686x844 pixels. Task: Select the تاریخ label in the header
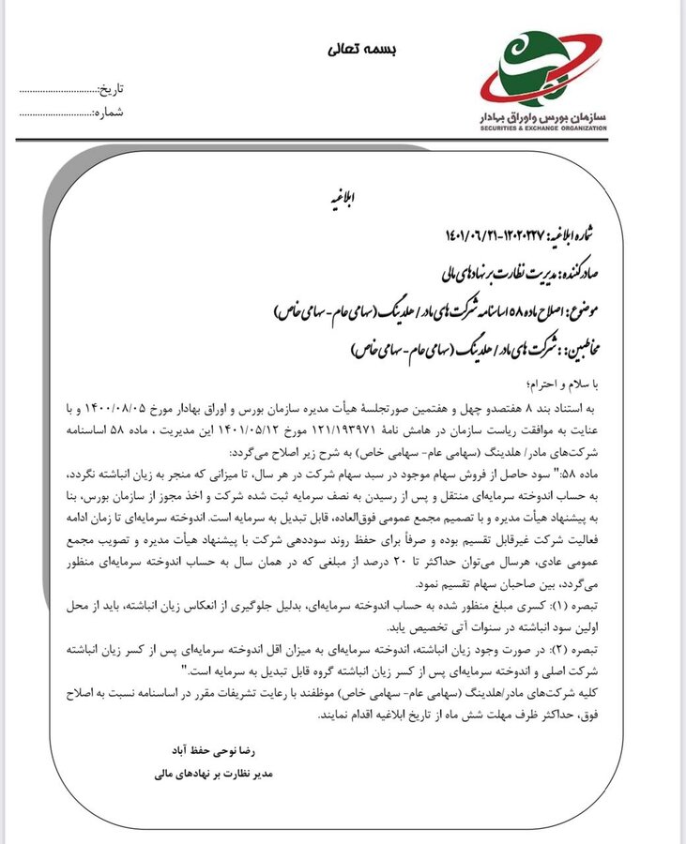(112, 90)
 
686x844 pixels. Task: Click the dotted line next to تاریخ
(56, 91)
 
